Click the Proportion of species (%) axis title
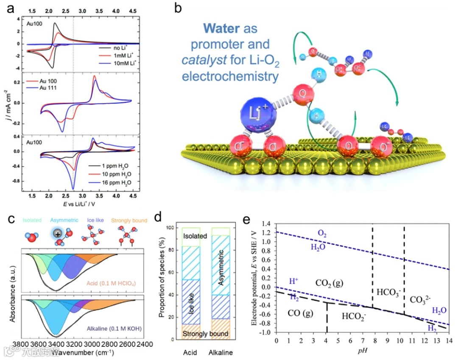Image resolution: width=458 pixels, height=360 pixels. pos(162,284)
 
